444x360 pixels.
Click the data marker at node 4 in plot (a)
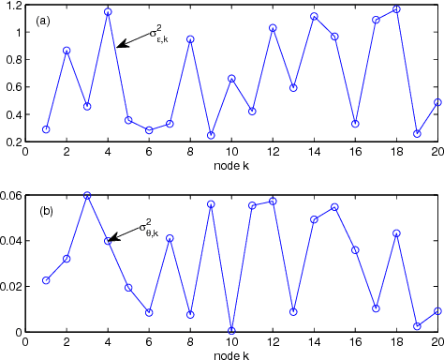click(x=108, y=12)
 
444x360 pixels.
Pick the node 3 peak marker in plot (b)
click(x=87, y=195)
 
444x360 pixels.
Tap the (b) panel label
click(x=46, y=211)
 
